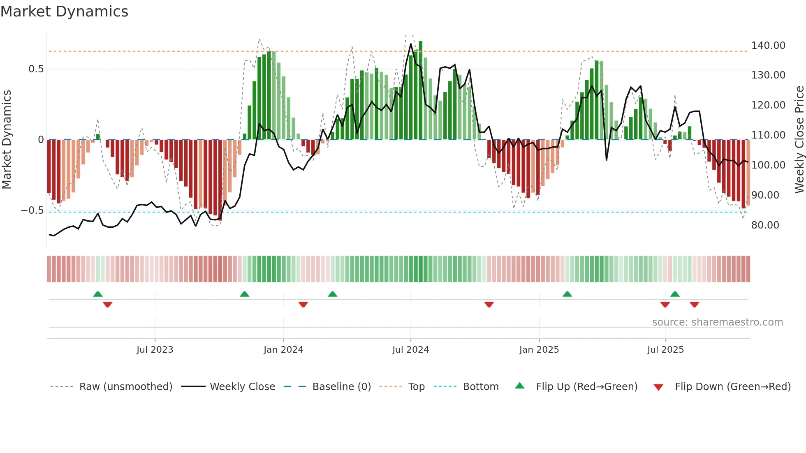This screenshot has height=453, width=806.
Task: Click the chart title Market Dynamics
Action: [x=64, y=12]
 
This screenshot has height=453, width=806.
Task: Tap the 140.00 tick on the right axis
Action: [x=768, y=46]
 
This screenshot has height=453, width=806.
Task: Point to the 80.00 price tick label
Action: [x=765, y=225]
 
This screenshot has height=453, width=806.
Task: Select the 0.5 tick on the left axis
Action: [x=36, y=69]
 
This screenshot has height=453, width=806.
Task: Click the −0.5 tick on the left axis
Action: [x=32, y=210]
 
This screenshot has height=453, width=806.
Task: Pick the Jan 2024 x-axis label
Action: [x=283, y=350]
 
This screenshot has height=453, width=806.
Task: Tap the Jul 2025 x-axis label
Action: [x=665, y=350]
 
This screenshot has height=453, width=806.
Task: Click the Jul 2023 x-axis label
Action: [x=155, y=350]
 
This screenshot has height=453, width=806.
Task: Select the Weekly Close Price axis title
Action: [x=799, y=139]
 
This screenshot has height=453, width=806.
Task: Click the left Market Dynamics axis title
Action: [x=7, y=139]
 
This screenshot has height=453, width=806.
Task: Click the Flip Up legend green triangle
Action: [x=520, y=386]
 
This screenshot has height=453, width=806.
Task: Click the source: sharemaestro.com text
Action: [x=717, y=322]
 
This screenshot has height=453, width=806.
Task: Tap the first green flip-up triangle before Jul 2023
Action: [x=98, y=294]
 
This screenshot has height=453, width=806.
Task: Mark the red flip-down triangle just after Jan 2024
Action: [x=303, y=305]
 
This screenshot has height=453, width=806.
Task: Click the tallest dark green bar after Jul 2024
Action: [x=420, y=90]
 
